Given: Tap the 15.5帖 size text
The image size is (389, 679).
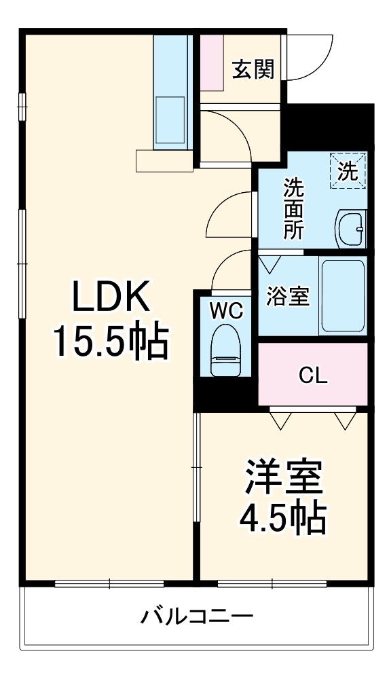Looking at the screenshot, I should pos(111,341).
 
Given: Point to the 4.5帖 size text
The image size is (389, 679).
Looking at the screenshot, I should pos(283,519).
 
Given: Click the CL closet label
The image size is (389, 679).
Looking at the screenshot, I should pos(314,375).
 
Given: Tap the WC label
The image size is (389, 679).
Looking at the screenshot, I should pos(225,310).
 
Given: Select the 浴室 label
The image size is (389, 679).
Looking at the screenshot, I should pos(288,296).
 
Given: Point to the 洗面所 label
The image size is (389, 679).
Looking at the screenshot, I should pos(294,207).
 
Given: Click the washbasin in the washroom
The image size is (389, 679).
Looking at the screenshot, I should pos(351,229).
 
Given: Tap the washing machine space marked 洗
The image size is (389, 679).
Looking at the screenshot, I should pos(348,170).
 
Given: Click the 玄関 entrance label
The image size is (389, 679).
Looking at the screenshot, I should pos(253,69).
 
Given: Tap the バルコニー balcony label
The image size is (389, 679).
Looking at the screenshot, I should pos(197,617).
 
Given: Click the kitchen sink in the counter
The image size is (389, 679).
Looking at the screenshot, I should pos(170,119).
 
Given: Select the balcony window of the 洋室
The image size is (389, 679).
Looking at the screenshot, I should pos(272,583).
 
